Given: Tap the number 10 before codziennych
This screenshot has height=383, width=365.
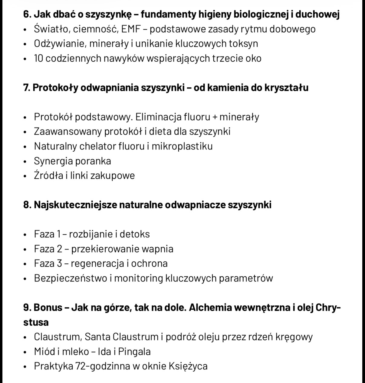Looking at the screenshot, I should coord(38,58).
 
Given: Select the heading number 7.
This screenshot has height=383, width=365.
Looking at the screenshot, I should coord(26,88).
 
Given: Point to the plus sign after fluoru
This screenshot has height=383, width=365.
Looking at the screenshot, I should coord(215,117).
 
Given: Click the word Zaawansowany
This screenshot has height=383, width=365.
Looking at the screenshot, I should coord(68,132).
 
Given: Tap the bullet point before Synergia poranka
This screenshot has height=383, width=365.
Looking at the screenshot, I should coord(25,161).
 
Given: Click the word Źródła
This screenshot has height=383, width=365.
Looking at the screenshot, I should coord(48,175).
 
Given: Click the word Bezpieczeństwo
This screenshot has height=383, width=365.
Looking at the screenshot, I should coord(71,278).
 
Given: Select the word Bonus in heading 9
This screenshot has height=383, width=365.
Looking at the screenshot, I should coord(48,308).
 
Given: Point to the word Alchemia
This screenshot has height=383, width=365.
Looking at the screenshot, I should coord(210,308).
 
